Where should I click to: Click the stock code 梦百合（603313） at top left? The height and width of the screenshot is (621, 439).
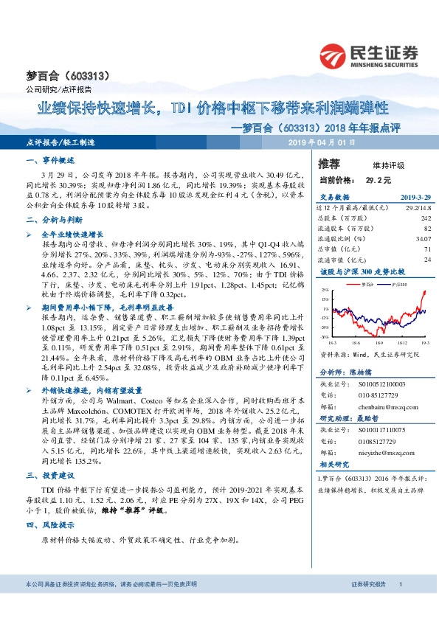(x=57, y=75)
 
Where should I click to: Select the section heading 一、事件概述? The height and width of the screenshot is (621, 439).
(x=49, y=160)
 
